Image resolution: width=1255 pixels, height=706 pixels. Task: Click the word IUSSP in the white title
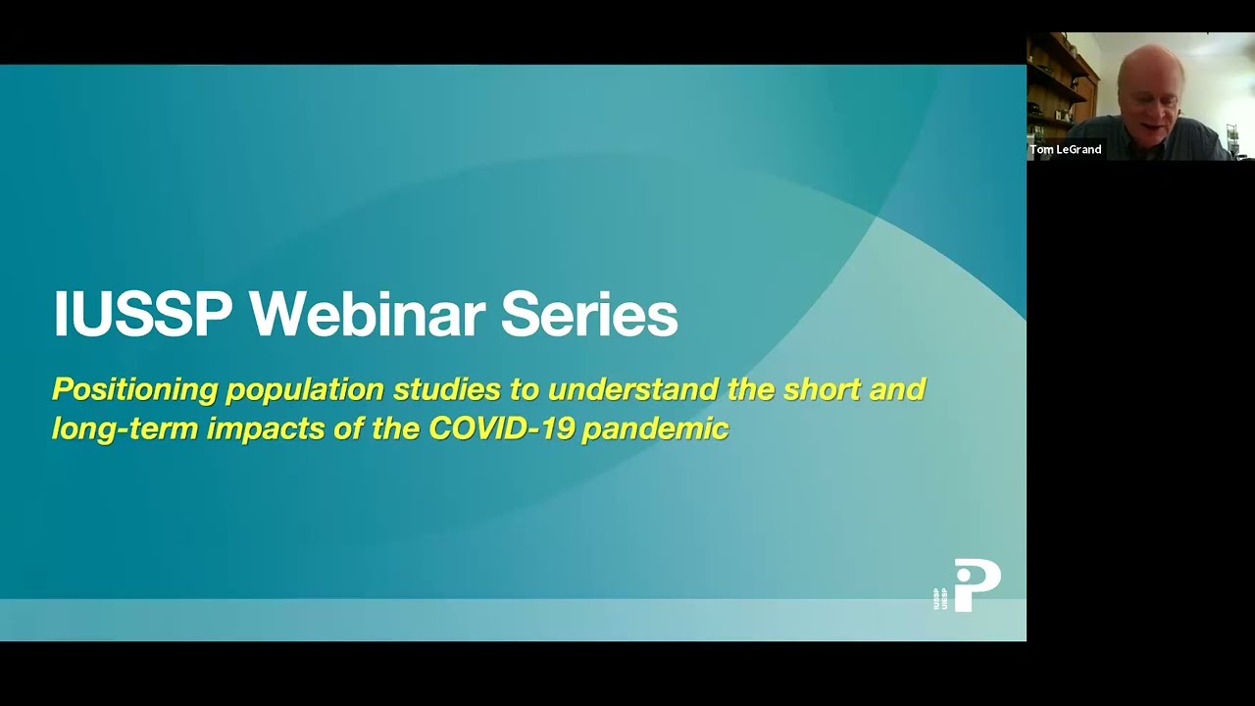143,315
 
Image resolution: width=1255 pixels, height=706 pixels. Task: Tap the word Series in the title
588,315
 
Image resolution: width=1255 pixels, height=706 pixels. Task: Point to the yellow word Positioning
134,390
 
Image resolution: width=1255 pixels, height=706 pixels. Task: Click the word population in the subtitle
305,390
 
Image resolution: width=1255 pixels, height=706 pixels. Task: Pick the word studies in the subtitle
446,389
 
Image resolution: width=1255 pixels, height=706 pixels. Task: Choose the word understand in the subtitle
633,389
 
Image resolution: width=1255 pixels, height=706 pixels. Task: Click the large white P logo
977,584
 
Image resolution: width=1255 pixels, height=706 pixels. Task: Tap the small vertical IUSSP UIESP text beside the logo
940,598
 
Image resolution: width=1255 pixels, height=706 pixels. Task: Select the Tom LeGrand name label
1066,150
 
